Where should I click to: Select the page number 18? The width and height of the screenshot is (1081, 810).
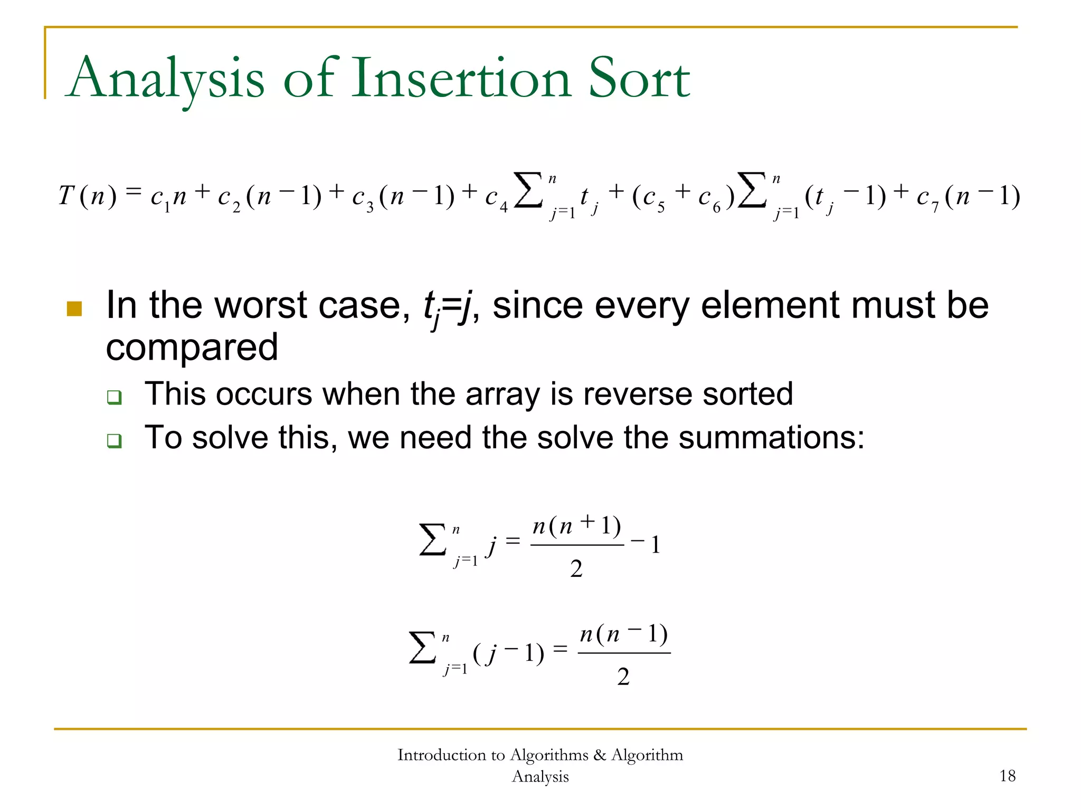tap(1007, 776)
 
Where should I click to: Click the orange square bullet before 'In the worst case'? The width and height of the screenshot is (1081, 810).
tap(74, 308)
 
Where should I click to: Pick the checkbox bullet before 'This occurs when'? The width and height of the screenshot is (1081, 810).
tap(114, 397)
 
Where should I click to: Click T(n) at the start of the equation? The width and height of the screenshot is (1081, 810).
tap(87, 196)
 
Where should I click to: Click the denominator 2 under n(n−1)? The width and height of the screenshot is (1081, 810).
tap(623, 677)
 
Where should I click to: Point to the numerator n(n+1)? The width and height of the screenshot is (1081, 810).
tap(576, 526)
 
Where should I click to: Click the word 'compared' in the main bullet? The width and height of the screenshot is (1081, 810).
tap(192, 347)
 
